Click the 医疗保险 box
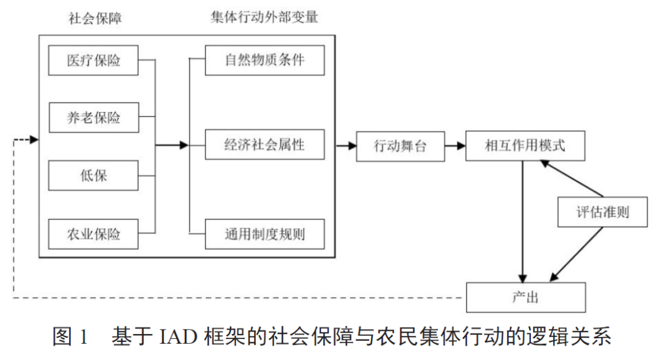(x=94, y=60)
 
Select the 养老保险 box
(x=94, y=118)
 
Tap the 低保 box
(x=94, y=176)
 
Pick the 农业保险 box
(x=94, y=234)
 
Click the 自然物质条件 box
(x=265, y=60)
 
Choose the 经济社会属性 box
(x=265, y=146)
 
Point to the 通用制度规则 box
(x=265, y=234)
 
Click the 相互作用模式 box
(x=525, y=146)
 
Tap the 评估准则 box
(x=603, y=212)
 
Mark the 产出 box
(x=525, y=297)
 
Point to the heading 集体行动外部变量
(x=265, y=17)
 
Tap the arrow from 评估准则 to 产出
(x=576, y=254)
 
